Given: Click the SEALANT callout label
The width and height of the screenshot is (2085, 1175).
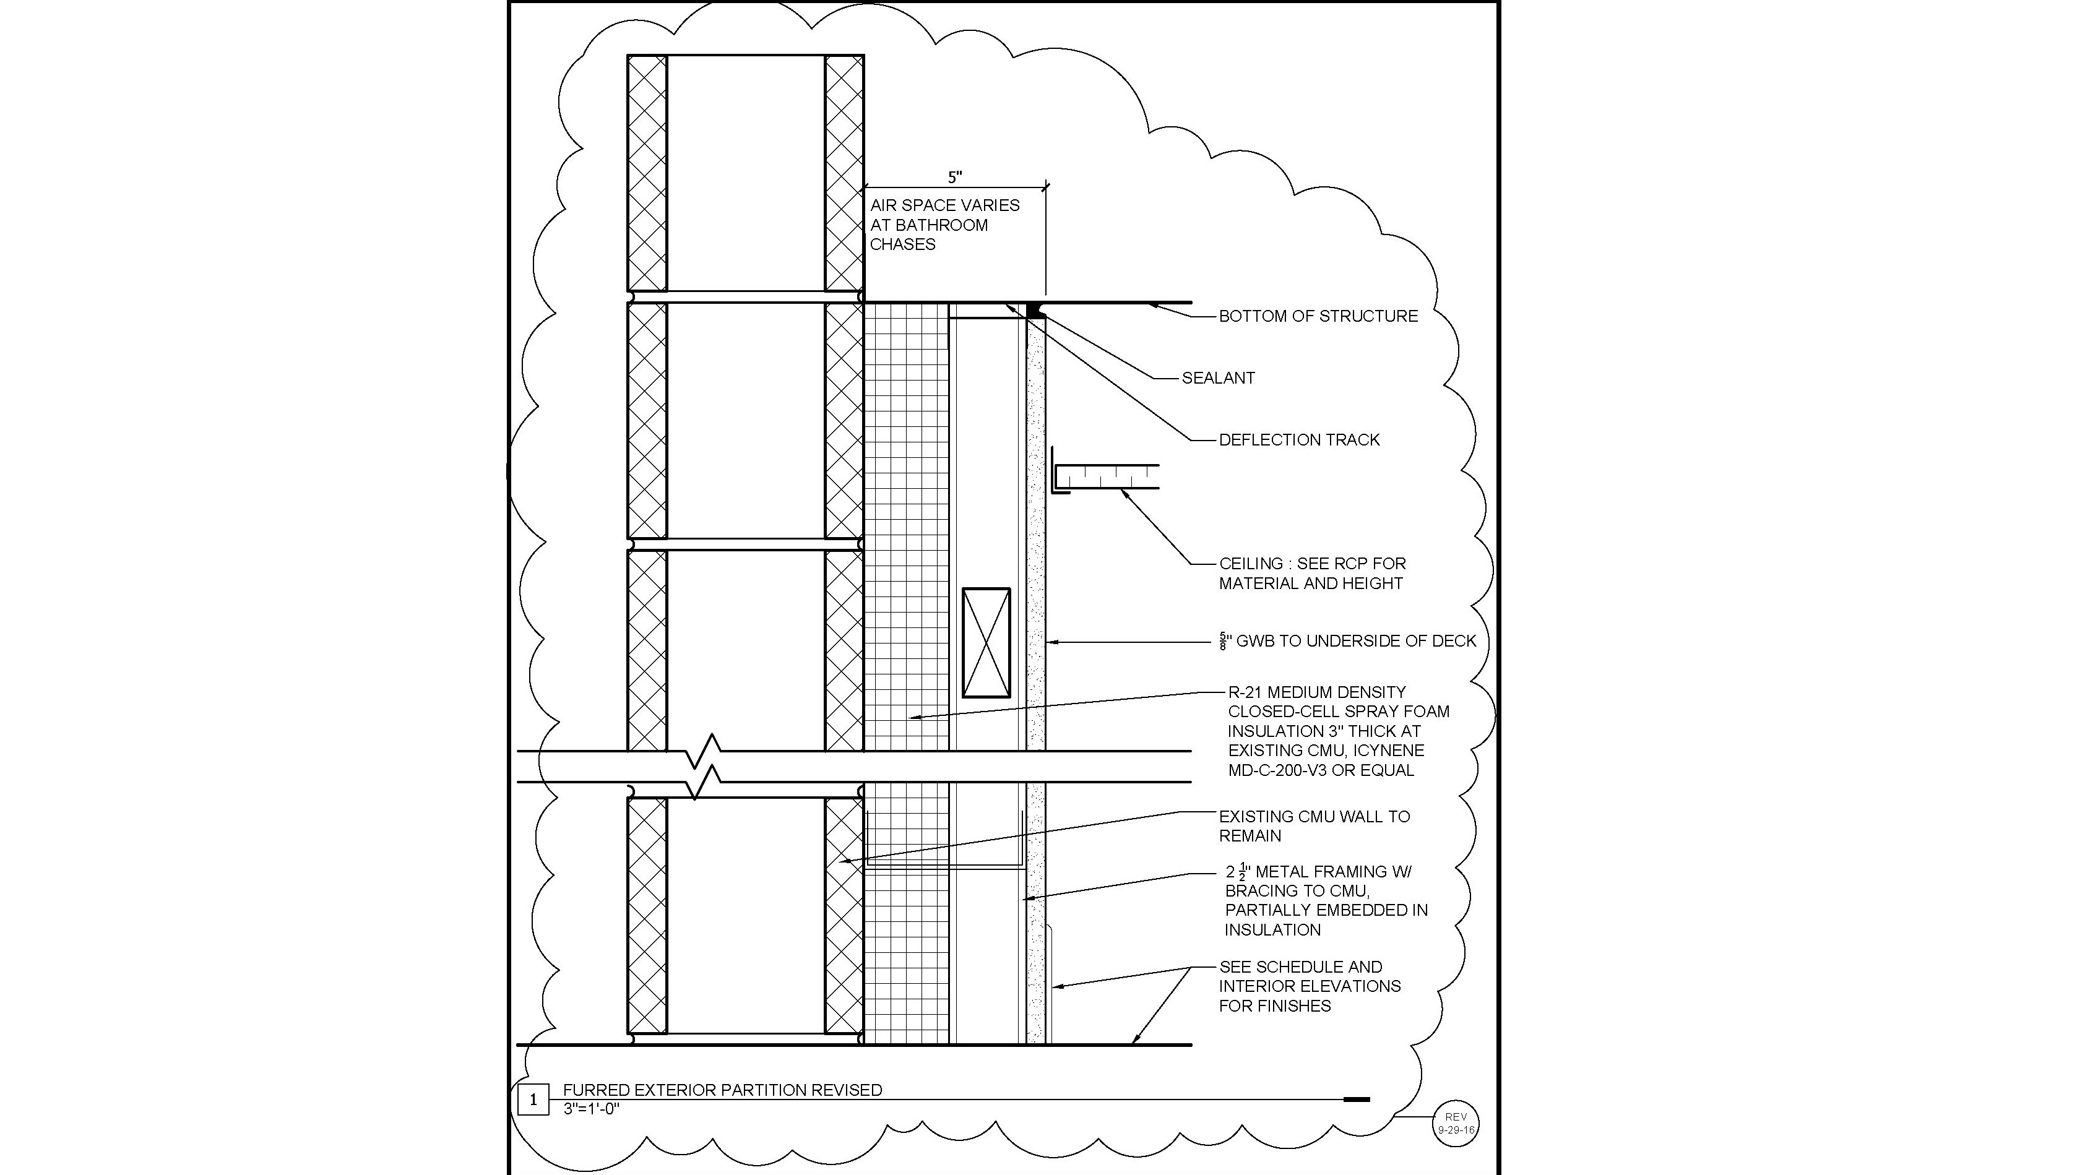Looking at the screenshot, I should point(1217,378).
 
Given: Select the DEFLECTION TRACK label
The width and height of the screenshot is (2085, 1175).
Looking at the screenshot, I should point(1298,440).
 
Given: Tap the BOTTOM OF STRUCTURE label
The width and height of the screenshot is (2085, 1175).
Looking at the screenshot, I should point(1318,316).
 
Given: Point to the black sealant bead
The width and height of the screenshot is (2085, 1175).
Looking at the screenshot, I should point(1034,310).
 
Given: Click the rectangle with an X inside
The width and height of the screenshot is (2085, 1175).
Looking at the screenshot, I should point(986,642).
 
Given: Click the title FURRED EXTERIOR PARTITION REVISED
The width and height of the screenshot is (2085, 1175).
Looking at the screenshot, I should point(722,1090).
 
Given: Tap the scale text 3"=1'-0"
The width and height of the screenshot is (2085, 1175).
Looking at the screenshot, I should point(591,1109).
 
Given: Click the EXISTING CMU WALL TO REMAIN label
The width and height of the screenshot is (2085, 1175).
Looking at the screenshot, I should point(1314,826).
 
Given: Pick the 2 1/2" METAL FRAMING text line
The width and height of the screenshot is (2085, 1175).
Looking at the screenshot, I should point(1319,872).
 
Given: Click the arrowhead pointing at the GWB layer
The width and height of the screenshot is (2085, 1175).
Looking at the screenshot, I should point(1052,642).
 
